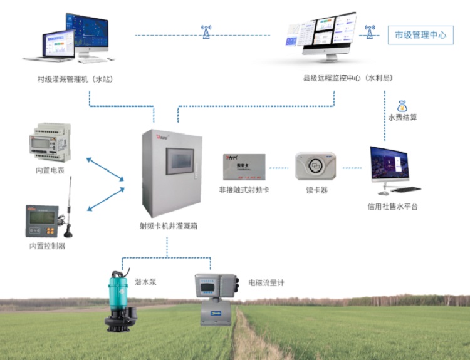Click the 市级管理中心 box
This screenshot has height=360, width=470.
tap(420, 34)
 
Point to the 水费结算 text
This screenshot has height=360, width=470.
tap(402, 117)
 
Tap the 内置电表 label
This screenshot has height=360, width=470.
tap(50, 170)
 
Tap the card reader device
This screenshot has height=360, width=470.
tap(316, 166)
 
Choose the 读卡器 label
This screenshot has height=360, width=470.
tap(316, 190)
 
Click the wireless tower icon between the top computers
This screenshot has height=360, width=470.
tap(206, 32)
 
